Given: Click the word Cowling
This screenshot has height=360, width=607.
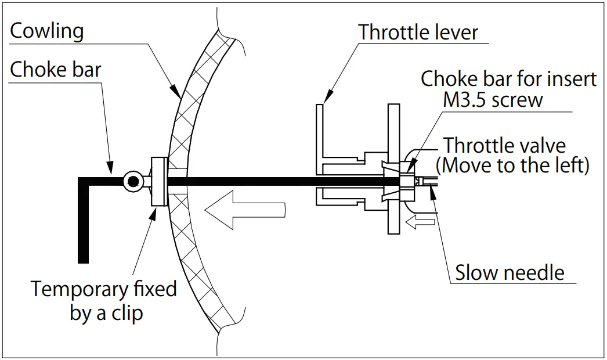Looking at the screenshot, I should tap(47, 31).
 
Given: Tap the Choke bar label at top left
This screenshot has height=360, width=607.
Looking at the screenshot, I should tap(56, 70).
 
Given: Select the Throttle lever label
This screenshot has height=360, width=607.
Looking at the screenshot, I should tap(418, 32).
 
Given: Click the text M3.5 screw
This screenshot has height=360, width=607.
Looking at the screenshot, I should tap(493, 99).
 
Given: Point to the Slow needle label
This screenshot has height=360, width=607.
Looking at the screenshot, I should tap(509, 272).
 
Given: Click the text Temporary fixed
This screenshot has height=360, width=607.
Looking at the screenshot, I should tap(104, 289).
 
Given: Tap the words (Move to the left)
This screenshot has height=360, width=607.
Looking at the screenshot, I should tap(512, 165).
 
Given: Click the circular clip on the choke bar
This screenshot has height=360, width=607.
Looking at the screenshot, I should tap(133, 182).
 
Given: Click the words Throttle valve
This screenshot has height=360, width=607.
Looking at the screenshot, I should tap(504, 145).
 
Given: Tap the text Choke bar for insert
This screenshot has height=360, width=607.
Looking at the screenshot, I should tap(508, 78).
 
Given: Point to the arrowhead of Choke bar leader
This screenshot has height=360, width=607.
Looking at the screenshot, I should tap(111, 172).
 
